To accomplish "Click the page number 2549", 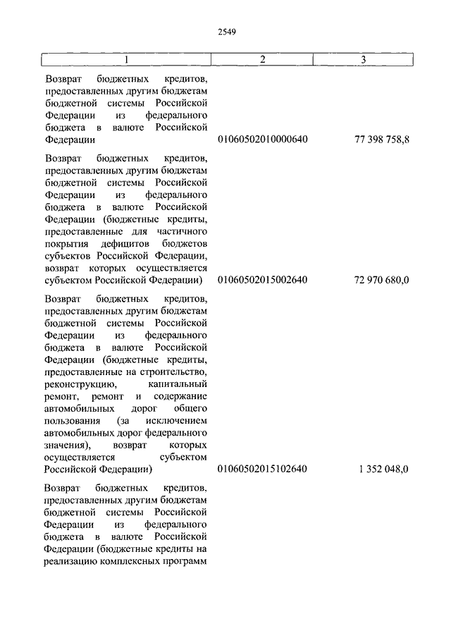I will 226,31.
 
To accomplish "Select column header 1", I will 126,60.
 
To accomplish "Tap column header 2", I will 262,60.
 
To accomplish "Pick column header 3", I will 363,60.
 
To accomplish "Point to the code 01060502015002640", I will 263,281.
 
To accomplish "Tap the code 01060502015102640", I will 263,469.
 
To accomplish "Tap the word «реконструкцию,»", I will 78,384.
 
